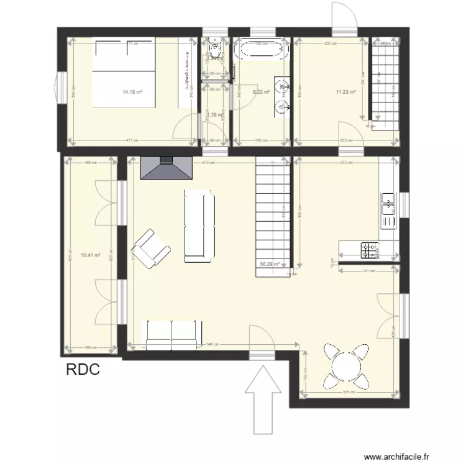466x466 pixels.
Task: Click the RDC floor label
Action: click(83, 370)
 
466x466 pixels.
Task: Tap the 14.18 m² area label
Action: click(132, 92)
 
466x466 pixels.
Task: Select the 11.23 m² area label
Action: click(345, 92)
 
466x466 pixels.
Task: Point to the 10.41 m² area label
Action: click(89, 255)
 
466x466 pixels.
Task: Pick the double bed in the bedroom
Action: click(124, 72)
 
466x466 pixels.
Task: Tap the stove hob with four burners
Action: click(369, 249)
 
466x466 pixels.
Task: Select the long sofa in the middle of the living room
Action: click(199, 225)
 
